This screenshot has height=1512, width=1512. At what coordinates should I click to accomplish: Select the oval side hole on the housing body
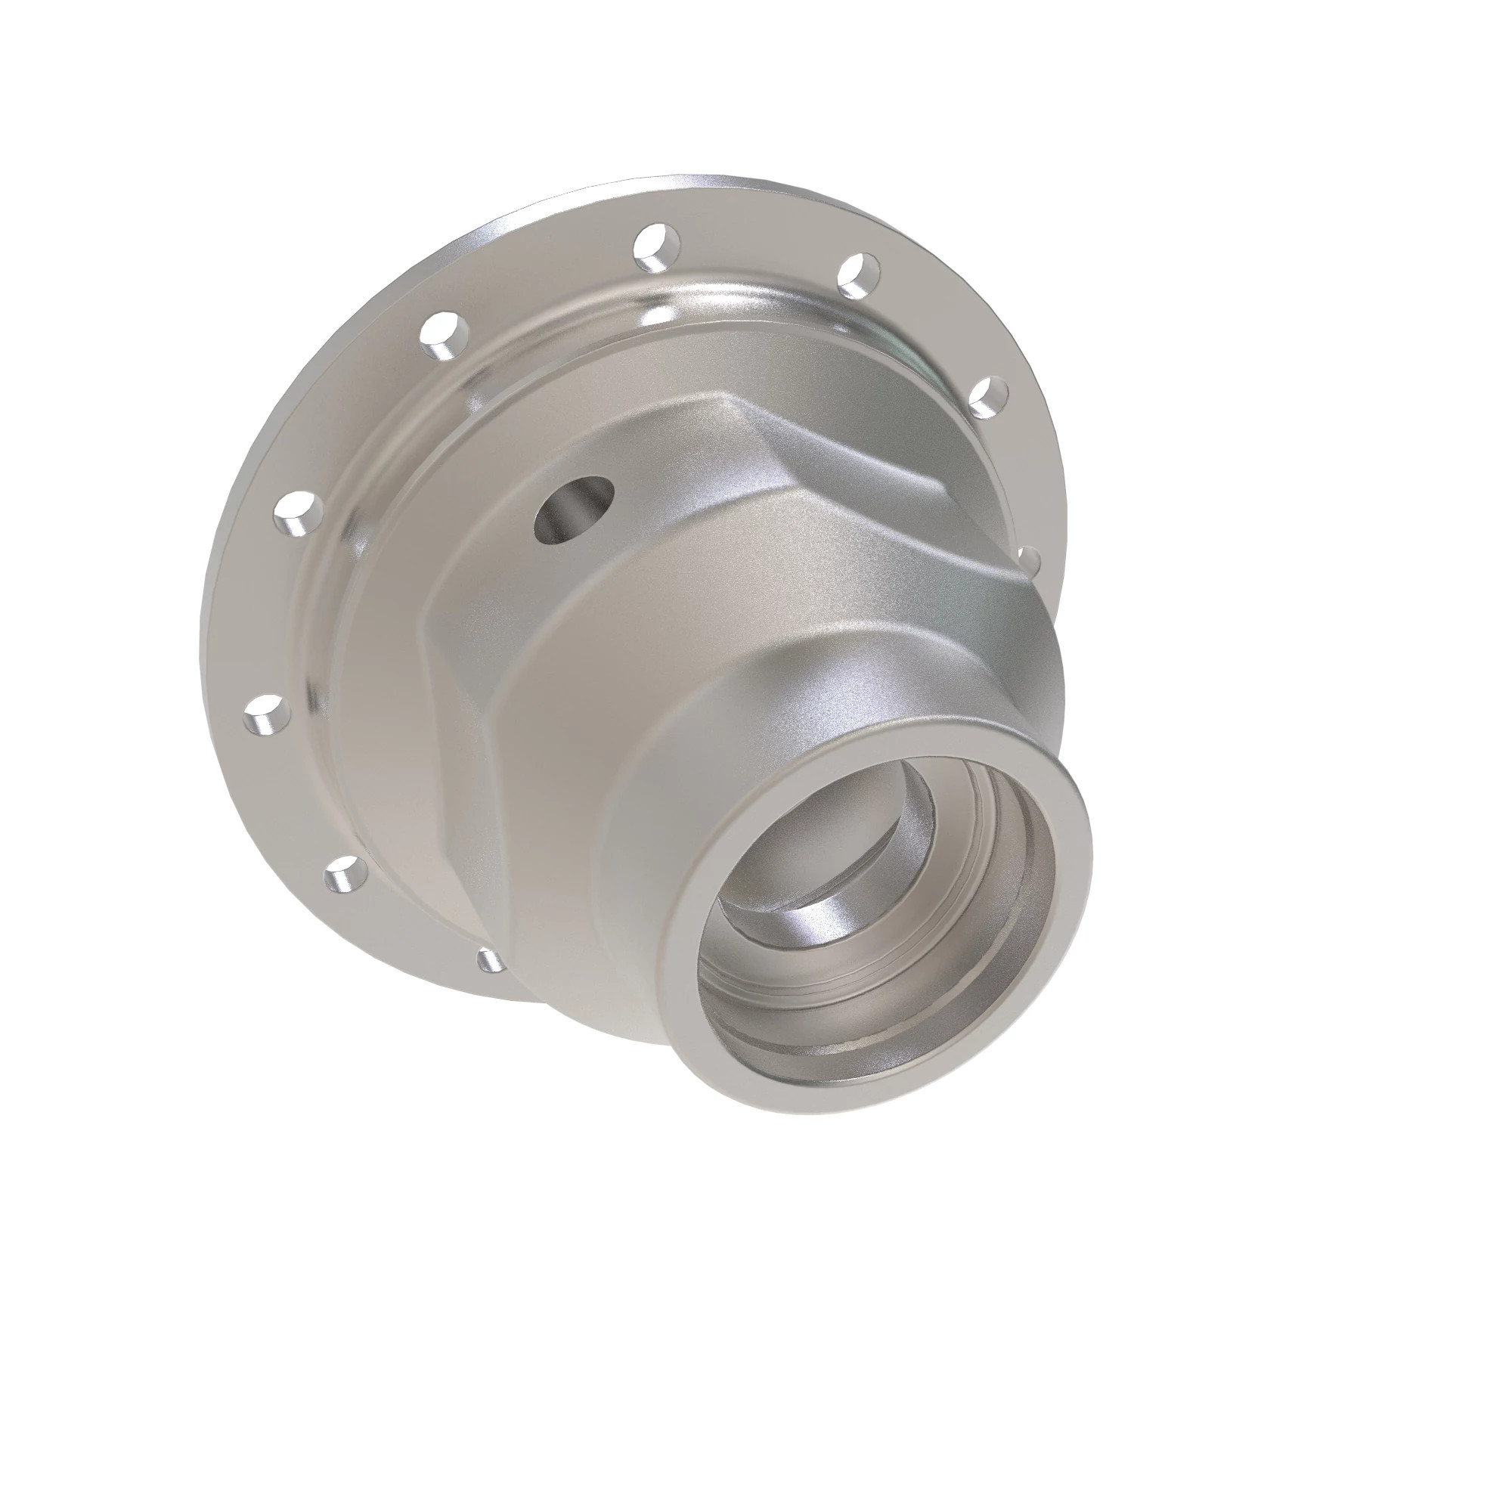pyautogui.click(x=573, y=510)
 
